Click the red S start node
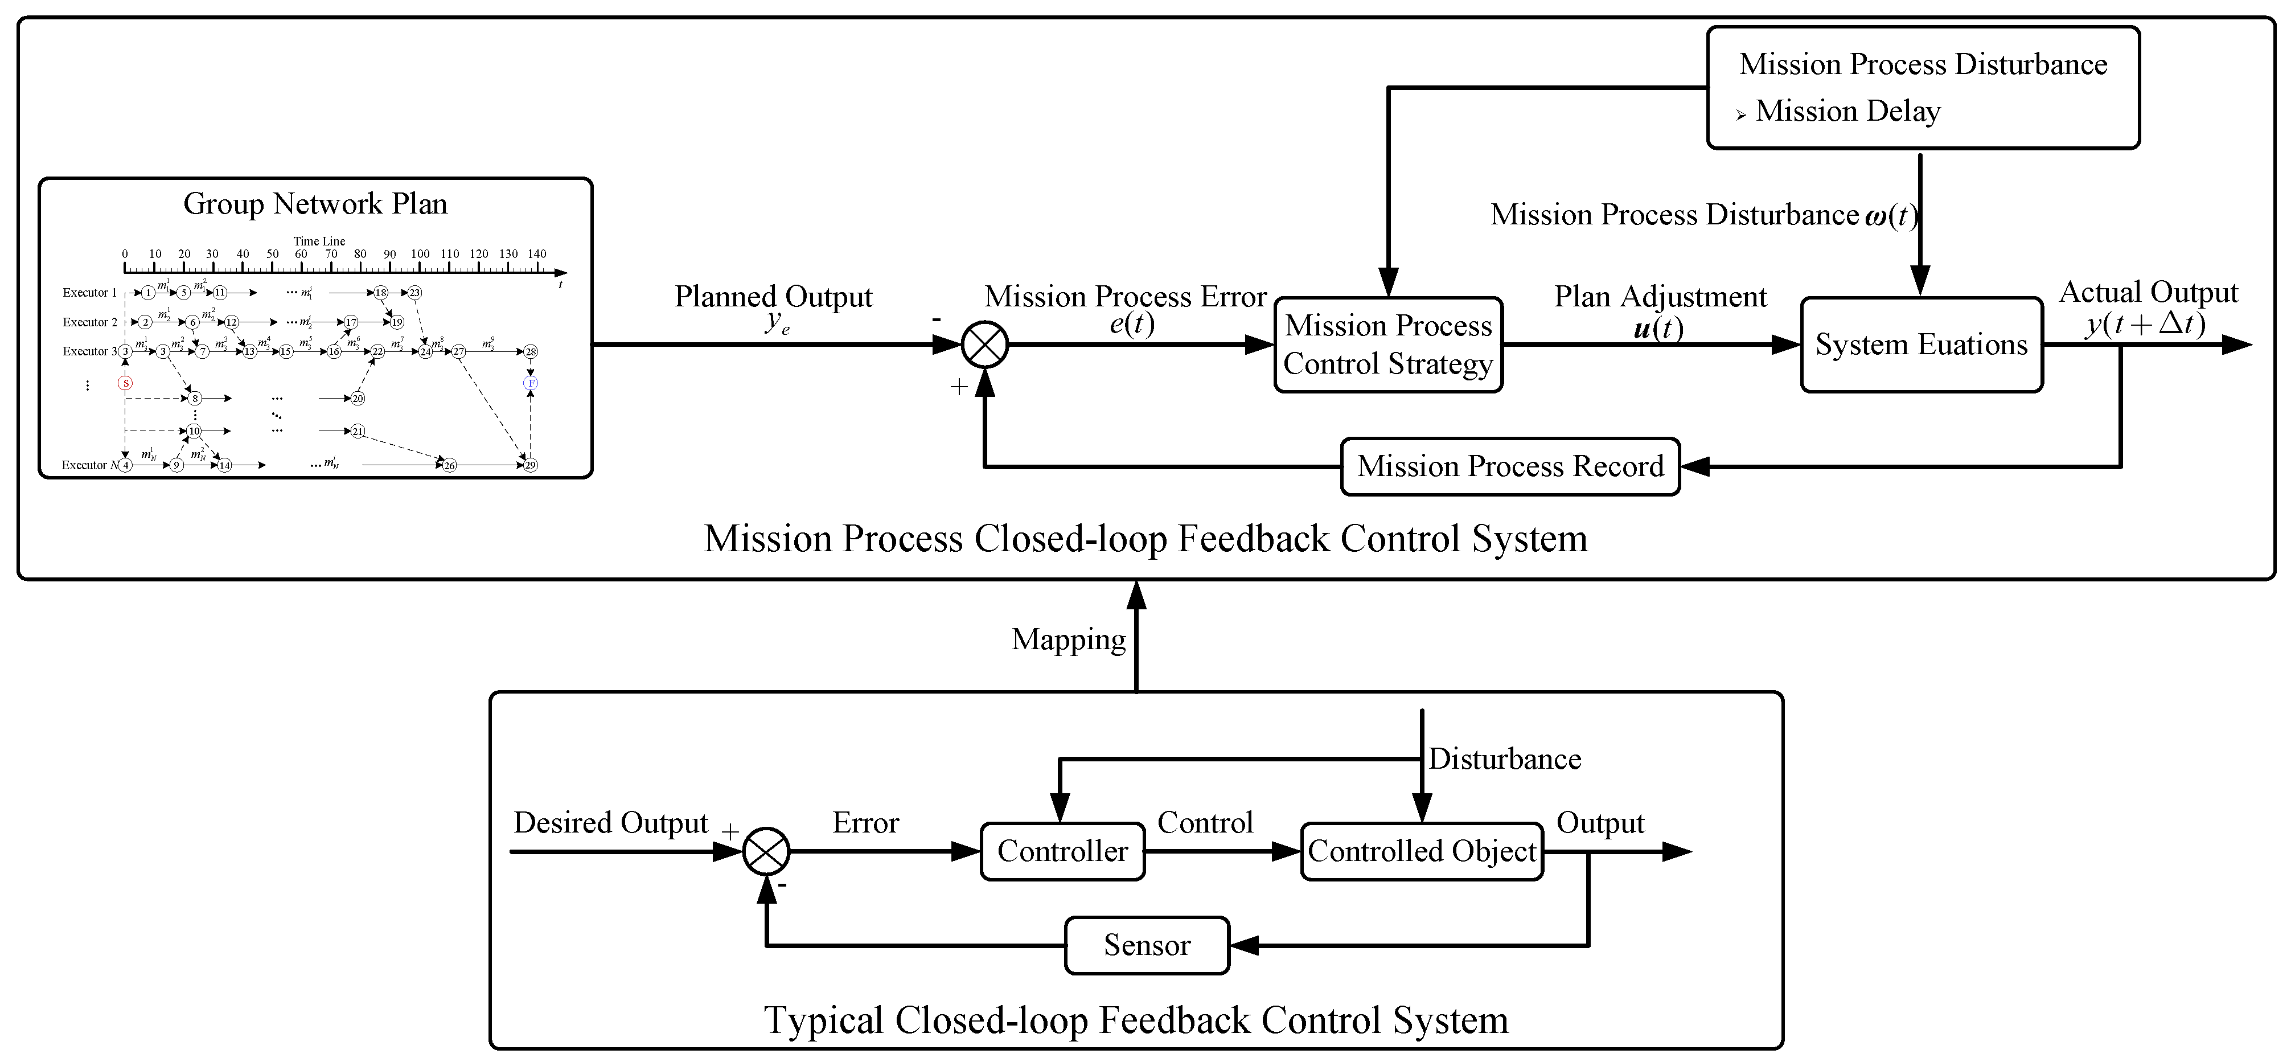[x=125, y=383]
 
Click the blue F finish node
[x=531, y=383]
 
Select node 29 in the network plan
[x=531, y=465]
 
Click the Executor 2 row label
[x=90, y=322]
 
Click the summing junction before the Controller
[x=767, y=851]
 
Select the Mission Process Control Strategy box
[x=1387, y=345]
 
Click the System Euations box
[x=1921, y=345]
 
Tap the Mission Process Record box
[x=1509, y=466]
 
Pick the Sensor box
[x=1147, y=945]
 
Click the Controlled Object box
[x=1421, y=851]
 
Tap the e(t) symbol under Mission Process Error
[x=1131, y=324]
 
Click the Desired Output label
[x=610, y=823]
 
